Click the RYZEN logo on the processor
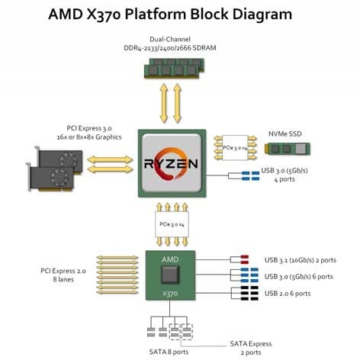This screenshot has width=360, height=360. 171,163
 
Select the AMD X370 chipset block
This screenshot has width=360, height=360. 170,275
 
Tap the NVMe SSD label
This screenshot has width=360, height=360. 285,134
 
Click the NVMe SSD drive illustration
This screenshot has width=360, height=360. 287,149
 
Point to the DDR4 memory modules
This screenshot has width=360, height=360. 174,68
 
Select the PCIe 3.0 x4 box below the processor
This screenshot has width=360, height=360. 172,224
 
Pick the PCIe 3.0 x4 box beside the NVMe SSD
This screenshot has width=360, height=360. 235,148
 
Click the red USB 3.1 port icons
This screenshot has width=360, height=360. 244,259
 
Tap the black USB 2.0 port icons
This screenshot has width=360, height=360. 249,293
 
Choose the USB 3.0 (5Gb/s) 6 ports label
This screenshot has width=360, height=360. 299,276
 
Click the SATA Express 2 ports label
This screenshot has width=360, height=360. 251,348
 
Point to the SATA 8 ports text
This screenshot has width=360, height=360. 169,352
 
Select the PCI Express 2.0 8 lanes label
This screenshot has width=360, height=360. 63,275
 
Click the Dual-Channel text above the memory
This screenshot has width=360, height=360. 170,39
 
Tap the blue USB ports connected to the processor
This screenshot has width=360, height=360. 251,175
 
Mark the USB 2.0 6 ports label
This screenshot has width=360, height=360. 288,294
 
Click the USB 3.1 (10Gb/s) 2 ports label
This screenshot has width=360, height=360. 301,260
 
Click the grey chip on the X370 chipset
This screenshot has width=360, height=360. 170,275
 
